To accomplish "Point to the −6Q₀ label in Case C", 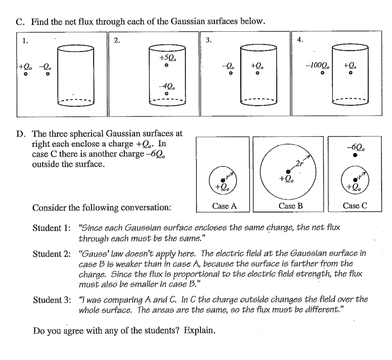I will [355, 146].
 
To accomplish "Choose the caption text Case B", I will [288, 206].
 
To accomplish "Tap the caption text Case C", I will [355, 206].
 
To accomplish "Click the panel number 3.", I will [209, 40].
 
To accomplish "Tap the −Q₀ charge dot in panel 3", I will [230, 74].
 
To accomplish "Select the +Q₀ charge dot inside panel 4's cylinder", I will [350, 73].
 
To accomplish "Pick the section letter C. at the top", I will [20, 22].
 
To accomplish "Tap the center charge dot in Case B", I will [288, 171].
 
